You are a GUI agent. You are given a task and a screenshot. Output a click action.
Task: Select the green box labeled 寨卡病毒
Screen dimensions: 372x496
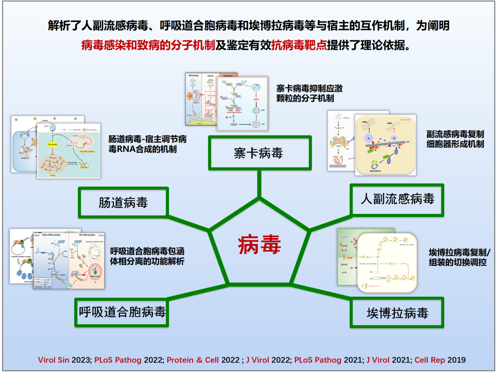[259, 153]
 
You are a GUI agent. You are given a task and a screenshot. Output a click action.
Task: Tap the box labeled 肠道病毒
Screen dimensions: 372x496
[123, 203]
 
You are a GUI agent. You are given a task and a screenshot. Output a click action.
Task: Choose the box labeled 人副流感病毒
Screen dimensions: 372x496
[397, 199]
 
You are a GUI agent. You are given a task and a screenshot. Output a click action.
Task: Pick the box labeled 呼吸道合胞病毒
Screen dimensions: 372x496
[122, 312]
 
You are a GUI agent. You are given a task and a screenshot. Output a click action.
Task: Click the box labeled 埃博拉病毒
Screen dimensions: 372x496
[397, 313]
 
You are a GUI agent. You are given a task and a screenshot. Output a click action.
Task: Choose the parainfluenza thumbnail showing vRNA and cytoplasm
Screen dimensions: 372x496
[385, 144]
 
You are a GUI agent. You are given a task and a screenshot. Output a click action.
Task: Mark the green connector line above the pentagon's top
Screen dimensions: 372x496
[259, 183]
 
